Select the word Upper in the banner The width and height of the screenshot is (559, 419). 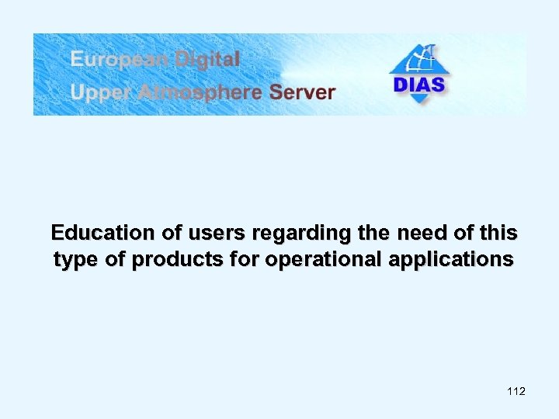(95, 92)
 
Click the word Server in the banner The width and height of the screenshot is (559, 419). (302, 92)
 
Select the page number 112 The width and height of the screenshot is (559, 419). (516, 391)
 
